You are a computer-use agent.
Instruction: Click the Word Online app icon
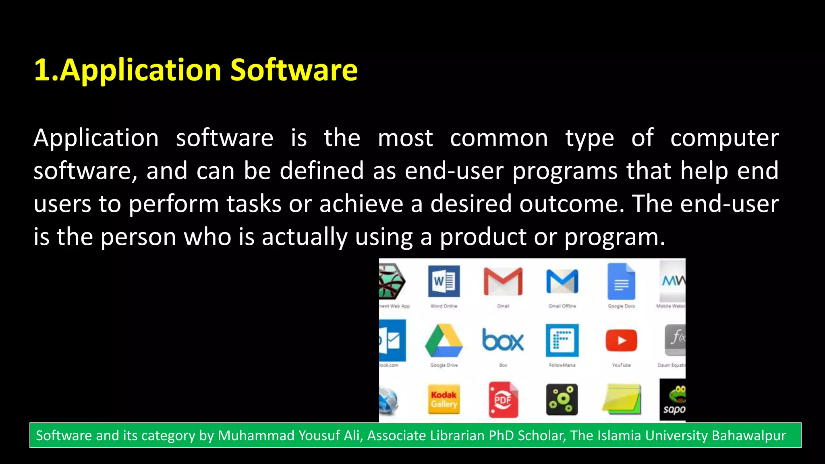pos(444,281)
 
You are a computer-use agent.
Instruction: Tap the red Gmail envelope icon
pos(503,281)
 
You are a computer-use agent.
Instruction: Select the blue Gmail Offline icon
pos(562,281)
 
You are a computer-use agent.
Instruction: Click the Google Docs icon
pos(621,281)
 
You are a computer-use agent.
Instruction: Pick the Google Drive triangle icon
pos(444,341)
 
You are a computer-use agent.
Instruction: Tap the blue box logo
pos(503,341)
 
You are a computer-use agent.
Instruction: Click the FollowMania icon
pos(562,341)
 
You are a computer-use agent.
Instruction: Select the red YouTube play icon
pos(621,341)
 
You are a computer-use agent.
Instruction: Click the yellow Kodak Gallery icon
pos(444,399)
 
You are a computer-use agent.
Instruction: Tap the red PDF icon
pos(503,399)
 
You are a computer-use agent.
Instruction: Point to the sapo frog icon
pos(674,399)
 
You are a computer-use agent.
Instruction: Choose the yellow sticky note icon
pos(621,399)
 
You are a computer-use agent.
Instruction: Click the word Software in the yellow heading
pos(294,70)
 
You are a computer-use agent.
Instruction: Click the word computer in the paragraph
pos(724,139)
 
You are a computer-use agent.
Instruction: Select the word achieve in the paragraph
pos(361,204)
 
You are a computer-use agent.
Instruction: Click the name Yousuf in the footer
pos(319,435)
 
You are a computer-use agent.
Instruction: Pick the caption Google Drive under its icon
pos(444,365)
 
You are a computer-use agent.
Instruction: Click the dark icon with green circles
pos(562,399)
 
